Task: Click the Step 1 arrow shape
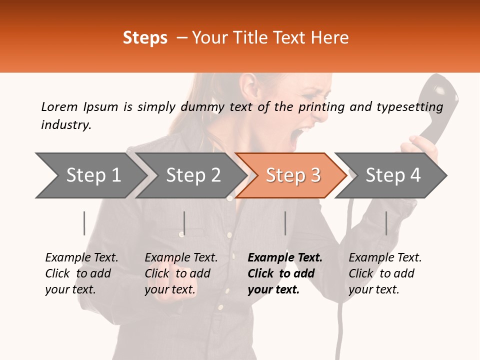coord(90,175)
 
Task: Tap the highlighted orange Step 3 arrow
coord(292,175)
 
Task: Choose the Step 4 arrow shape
coord(392,175)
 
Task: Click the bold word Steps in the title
coord(145,37)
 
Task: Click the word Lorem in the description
coord(59,106)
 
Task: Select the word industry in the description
coord(65,125)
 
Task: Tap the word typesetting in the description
coord(409,106)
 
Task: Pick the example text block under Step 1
coord(81,273)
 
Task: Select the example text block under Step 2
coord(181,273)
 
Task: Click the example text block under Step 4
coord(385,273)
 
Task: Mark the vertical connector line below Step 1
coord(84,223)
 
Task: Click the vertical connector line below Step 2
coord(184,223)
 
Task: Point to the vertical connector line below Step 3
coord(285,223)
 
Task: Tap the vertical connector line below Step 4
coord(386,223)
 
